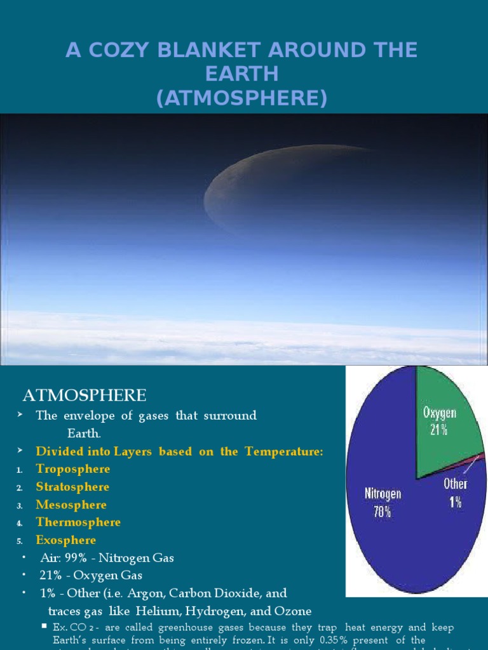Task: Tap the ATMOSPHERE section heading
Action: tap(85, 396)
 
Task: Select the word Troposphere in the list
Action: tap(73, 469)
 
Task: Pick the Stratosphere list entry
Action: tap(72, 487)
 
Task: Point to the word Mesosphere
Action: tap(71, 505)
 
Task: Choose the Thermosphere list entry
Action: tap(78, 522)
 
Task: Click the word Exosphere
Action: tap(66, 540)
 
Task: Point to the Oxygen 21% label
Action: tap(440, 421)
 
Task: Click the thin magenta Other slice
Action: tap(473, 456)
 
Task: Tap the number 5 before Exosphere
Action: tap(20, 541)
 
